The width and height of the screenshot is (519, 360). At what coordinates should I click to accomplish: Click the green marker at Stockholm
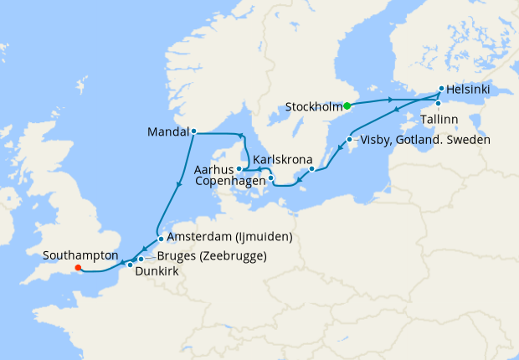347,106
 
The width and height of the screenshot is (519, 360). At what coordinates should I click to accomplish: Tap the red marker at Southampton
78,269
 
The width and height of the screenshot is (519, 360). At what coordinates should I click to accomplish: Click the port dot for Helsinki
441,88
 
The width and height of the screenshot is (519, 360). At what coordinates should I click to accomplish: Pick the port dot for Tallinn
437,104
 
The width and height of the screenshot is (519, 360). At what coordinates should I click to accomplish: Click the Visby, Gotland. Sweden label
424,139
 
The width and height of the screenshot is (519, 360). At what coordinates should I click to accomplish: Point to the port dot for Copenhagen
270,177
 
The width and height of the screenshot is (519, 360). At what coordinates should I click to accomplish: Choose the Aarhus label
213,169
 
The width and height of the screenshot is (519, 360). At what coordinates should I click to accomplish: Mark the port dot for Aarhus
239,168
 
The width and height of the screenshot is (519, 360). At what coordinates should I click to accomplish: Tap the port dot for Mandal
193,131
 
